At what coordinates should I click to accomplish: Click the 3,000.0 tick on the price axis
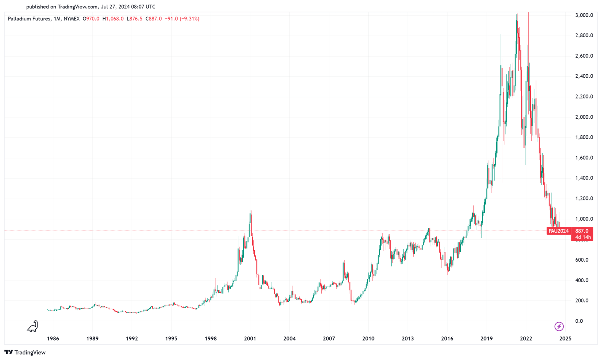coord(584,15)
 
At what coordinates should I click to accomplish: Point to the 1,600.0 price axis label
coord(584,158)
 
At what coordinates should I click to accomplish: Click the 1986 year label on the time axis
coord(53,339)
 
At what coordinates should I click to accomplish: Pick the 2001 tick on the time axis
coord(250,339)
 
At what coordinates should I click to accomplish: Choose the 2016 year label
coord(447,339)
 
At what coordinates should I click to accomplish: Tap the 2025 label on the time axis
coord(565,339)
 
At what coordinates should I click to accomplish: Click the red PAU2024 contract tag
coord(558,231)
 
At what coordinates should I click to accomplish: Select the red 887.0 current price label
coord(582,231)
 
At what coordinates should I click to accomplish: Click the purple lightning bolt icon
coord(559,326)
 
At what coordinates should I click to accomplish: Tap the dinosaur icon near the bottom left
coord(33,326)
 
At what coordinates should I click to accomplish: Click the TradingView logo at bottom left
coord(25,352)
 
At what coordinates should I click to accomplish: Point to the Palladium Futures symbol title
coord(29,19)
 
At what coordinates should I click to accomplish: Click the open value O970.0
coord(91,19)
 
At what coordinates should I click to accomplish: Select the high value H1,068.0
coord(113,19)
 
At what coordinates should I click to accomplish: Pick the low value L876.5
coord(135,19)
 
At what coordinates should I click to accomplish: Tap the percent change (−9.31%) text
coord(189,19)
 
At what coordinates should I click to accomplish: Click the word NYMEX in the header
coord(71,19)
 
